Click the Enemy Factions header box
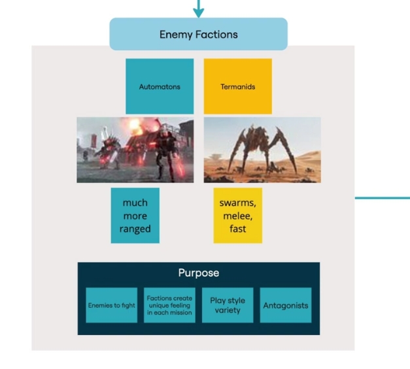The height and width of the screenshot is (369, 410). click(x=199, y=34)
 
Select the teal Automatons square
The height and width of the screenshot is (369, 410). click(x=160, y=86)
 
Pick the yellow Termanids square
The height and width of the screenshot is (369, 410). click(x=237, y=86)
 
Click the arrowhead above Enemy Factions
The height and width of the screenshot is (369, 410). click(x=199, y=12)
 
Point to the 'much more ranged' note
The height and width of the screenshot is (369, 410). click(x=135, y=216)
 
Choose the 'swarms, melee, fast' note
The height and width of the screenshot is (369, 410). click(x=237, y=216)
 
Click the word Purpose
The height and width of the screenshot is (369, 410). click(x=199, y=272)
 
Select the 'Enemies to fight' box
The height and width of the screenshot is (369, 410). click(x=111, y=305)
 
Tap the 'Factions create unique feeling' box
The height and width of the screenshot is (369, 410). click(x=169, y=305)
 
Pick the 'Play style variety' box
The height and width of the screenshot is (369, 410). click(x=228, y=305)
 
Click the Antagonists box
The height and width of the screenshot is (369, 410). click(x=286, y=305)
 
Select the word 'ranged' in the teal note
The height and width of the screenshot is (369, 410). click(x=135, y=229)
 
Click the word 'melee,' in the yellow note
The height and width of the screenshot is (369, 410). click(x=237, y=216)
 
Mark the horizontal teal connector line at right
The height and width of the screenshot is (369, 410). click(x=383, y=198)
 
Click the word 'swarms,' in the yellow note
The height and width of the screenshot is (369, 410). click(x=237, y=203)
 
